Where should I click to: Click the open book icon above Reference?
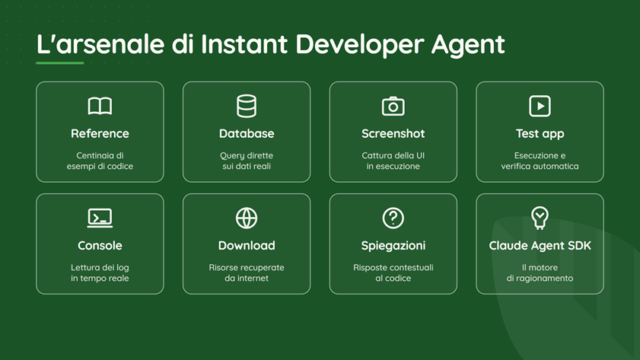click(x=100, y=106)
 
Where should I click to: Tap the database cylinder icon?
click(x=247, y=106)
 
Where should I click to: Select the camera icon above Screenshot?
click(x=393, y=106)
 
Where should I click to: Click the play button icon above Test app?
click(x=540, y=106)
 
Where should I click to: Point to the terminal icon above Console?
click(x=100, y=218)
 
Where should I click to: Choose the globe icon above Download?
click(x=247, y=218)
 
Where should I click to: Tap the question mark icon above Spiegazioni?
click(x=393, y=218)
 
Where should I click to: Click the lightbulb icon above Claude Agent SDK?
click(x=540, y=218)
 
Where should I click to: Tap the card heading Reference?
click(x=100, y=134)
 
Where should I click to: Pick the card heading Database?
click(x=247, y=134)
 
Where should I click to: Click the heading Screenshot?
click(x=393, y=134)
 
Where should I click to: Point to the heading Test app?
click(x=540, y=134)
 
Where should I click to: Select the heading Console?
click(x=100, y=246)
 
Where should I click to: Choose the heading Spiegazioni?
click(x=393, y=246)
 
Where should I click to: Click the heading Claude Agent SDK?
click(x=540, y=246)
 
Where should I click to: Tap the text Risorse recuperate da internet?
click(x=247, y=273)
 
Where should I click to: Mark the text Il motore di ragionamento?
click(x=540, y=273)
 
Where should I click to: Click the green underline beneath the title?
click(x=60, y=63)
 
